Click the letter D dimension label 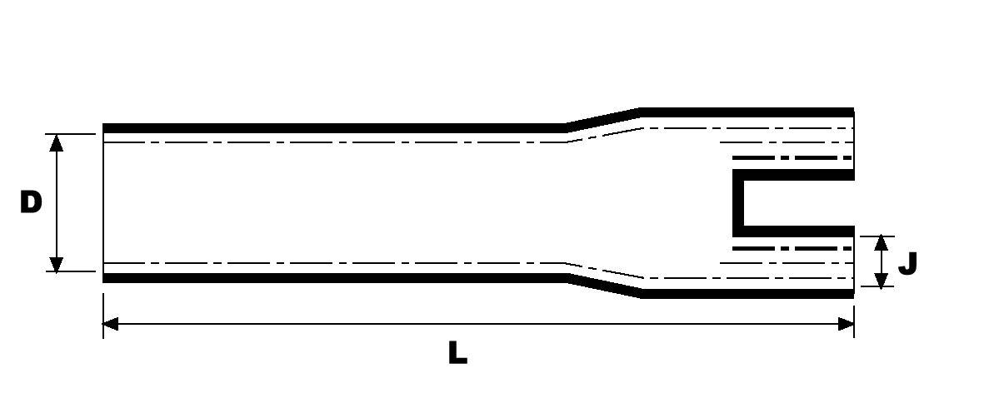coord(31,202)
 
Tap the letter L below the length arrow coord(457,353)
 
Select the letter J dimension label coord(907,263)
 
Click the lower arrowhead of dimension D coord(57,263)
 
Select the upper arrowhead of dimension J coord(882,244)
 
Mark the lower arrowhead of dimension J coord(882,280)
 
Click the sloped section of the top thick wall coord(604,119)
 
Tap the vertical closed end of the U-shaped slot coord(737,202)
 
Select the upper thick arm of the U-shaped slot coord(796,175)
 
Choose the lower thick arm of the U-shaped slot coord(796,230)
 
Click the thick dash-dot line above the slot coord(792,157)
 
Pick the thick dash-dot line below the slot coord(792,248)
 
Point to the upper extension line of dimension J coord(875,236)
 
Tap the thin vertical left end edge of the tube coord(103,202)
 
